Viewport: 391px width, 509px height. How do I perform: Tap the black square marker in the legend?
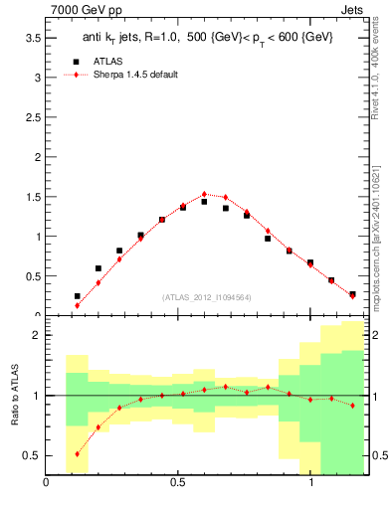coord(77,61)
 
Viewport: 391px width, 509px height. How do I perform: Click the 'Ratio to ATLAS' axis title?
coord(13,398)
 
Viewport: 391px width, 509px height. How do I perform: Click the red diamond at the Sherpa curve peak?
coord(204,194)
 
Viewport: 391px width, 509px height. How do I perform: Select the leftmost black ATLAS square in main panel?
coord(77,296)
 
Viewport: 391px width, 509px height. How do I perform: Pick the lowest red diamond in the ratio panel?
coord(77,453)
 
